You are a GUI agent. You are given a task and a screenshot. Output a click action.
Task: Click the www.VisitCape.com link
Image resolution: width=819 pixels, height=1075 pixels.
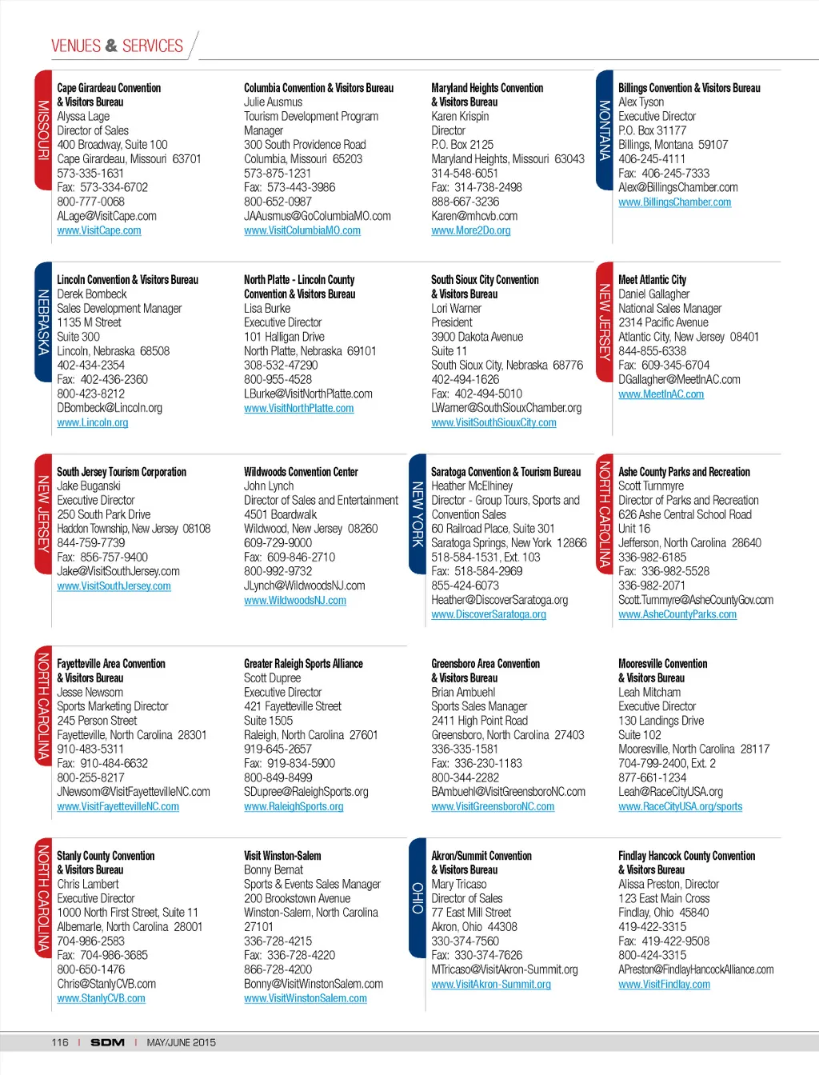click(x=99, y=230)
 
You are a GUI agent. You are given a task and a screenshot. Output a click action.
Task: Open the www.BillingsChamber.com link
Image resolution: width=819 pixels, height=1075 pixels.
click(x=674, y=202)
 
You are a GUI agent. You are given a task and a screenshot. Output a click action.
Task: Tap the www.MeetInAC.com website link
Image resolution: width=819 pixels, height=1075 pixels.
click(x=661, y=394)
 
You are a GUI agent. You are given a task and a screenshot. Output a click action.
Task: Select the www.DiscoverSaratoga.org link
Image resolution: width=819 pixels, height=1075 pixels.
click(x=488, y=614)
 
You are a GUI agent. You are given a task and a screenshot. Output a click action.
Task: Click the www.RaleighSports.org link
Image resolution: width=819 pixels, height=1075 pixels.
click(x=294, y=806)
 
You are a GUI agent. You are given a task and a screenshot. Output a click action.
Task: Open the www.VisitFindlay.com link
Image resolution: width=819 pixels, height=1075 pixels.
click(x=664, y=985)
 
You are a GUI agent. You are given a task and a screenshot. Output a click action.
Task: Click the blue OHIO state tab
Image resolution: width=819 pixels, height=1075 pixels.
click(x=417, y=897)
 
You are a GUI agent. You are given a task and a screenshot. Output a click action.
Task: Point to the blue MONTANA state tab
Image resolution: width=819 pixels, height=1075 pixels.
click(x=605, y=130)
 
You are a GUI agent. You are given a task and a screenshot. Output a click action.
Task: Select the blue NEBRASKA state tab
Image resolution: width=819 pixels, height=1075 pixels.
click(x=44, y=322)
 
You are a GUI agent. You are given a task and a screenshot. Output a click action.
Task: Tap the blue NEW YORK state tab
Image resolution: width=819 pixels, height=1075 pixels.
click(x=417, y=514)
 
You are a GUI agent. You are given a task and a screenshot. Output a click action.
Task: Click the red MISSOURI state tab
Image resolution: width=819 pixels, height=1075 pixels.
click(x=44, y=130)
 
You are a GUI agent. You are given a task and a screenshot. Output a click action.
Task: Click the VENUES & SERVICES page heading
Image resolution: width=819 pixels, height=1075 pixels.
click(x=118, y=46)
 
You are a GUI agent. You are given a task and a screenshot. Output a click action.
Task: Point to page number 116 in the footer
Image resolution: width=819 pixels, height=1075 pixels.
click(x=60, y=1042)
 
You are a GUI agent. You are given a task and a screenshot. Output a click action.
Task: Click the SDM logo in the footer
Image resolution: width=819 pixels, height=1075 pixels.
click(x=107, y=1042)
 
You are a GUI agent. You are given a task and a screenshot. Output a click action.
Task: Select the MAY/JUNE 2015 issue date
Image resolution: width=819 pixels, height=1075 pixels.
click(x=181, y=1042)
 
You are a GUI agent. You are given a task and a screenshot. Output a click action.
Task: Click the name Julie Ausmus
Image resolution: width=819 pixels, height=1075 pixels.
click(x=273, y=102)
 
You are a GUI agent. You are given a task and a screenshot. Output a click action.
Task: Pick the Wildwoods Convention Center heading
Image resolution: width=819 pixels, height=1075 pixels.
click(x=301, y=472)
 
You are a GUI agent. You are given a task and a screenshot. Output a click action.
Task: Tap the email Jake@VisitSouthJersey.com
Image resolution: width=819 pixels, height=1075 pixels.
click(x=118, y=571)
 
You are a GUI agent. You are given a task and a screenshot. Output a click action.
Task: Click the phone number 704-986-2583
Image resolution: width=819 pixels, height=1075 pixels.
click(x=90, y=941)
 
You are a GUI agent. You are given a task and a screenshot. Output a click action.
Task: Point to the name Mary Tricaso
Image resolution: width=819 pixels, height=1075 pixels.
click(x=458, y=884)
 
